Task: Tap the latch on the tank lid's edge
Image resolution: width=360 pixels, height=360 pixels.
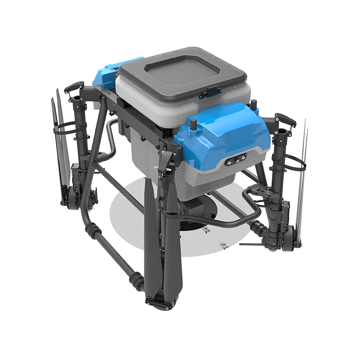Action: [211, 90]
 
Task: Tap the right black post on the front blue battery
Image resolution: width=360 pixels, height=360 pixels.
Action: [254, 106]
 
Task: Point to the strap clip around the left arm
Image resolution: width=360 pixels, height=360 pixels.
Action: [65, 127]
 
